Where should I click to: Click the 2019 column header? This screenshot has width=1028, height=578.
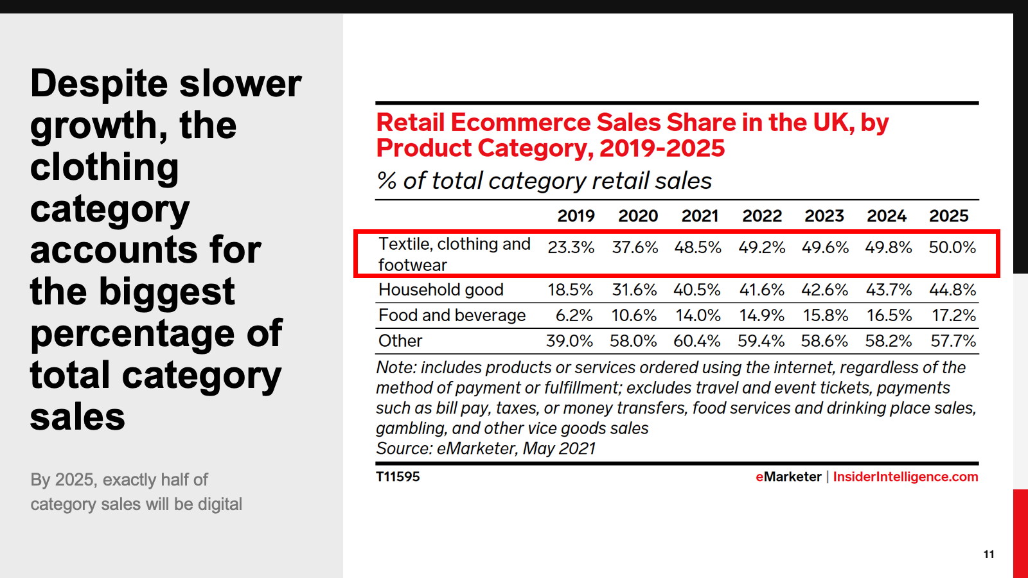[x=576, y=216]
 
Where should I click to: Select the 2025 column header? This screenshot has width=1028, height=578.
[x=948, y=216]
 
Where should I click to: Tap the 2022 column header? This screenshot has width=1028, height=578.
[x=762, y=216]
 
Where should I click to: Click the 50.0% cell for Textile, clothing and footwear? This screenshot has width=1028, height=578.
[x=952, y=247]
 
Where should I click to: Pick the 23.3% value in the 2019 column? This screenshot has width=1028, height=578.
[x=571, y=247]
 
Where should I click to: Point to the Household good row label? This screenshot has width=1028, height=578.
[x=441, y=290]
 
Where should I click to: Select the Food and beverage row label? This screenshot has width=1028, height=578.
[x=452, y=315]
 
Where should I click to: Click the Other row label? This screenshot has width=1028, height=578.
[x=400, y=341]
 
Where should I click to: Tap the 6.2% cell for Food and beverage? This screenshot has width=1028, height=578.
[x=574, y=315]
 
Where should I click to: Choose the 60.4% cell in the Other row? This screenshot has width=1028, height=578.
[x=696, y=341]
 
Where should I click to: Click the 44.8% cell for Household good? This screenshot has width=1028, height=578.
[x=952, y=290]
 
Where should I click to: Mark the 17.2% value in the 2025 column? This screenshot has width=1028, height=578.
[x=953, y=315]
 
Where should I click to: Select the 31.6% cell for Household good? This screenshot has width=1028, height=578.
[x=634, y=290]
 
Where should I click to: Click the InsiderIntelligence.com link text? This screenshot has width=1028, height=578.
[x=905, y=477]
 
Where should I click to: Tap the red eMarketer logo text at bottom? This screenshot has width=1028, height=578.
[x=788, y=477]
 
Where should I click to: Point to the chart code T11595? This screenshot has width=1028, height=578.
[x=398, y=477]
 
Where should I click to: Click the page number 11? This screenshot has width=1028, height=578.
[x=989, y=554]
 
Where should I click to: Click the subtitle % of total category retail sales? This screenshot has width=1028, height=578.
[x=544, y=180]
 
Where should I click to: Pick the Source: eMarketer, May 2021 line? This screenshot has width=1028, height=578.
[x=486, y=448]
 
